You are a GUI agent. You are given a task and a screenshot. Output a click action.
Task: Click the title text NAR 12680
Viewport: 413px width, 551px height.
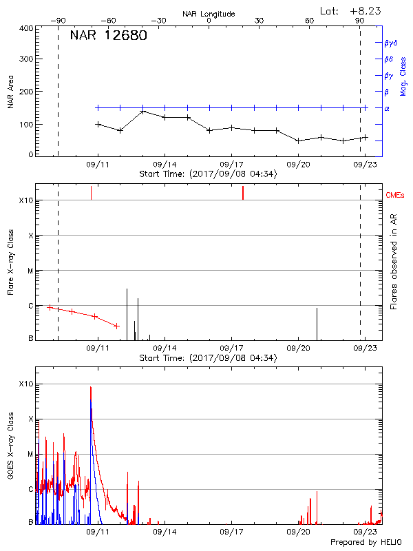(x=108, y=36)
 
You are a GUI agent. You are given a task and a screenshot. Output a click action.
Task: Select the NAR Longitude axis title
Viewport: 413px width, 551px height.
(x=209, y=14)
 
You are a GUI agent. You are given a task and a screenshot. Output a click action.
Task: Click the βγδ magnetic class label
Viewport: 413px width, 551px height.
(x=390, y=43)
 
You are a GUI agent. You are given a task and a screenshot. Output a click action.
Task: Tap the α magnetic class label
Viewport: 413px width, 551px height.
(x=387, y=108)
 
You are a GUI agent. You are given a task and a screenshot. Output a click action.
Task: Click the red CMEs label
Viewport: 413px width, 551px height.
(x=396, y=196)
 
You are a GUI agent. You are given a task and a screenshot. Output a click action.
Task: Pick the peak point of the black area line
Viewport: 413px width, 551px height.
(x=142, y=111)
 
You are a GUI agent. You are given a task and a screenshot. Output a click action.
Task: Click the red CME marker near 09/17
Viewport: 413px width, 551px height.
(x=243, y=193)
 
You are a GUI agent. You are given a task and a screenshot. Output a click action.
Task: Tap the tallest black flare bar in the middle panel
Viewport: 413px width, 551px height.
(x=127, y=310)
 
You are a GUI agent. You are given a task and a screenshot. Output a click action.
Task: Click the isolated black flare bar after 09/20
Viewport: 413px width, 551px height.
(x=317, y=322)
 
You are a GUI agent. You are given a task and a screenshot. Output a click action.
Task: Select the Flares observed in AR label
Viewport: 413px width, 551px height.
(x=394, y=261)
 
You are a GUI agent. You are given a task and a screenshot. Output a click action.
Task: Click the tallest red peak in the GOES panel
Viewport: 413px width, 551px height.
(x=90, y=388)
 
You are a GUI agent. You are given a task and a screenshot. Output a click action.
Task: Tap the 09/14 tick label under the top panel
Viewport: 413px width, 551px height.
(x=165, y=165)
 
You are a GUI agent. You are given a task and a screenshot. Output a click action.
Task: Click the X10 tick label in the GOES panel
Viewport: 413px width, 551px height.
(x=25, y=384)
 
